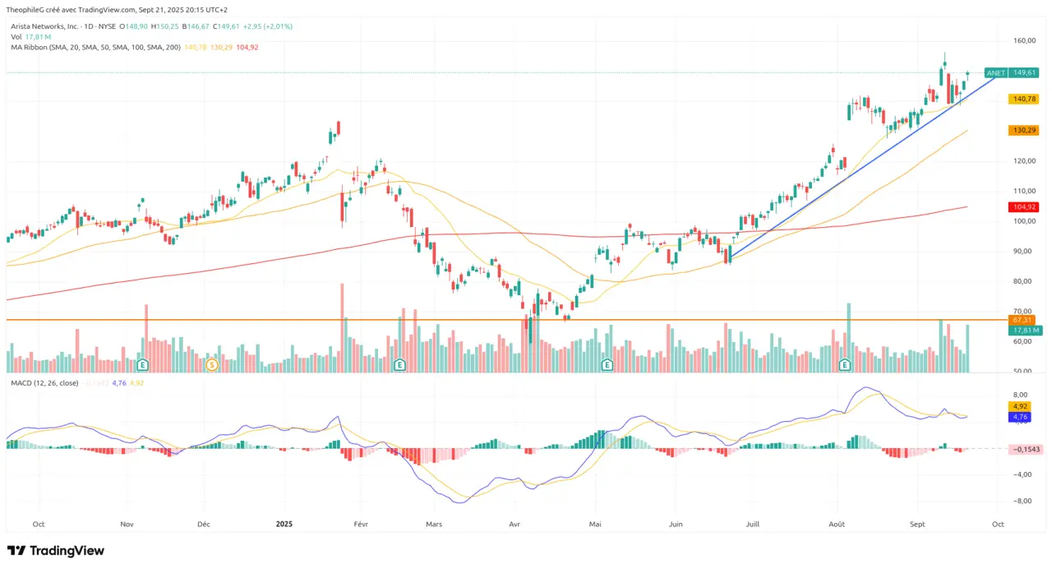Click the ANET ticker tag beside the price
tap(995, 72)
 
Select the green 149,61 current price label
tap(1024, 72)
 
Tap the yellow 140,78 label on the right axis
tap(1023, 99)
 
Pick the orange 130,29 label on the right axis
tap(1023, 130)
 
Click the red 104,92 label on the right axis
tap(1023, 207)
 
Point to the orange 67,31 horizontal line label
tap(1022, 319)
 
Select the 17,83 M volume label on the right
tap(1026, 330)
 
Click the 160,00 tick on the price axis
tap(1023, 40)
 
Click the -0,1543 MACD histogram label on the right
tap(1026, 449)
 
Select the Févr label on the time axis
tap(360, 523)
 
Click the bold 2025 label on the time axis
tap(284, 523)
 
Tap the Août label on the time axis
tap(837, 523)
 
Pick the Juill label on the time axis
tap(751, 523)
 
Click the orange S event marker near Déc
tap(211, 364)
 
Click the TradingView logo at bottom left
tap(55, 550)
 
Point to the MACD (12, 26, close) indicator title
tap(45, 383)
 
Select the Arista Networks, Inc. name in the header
tap(45, 26)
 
